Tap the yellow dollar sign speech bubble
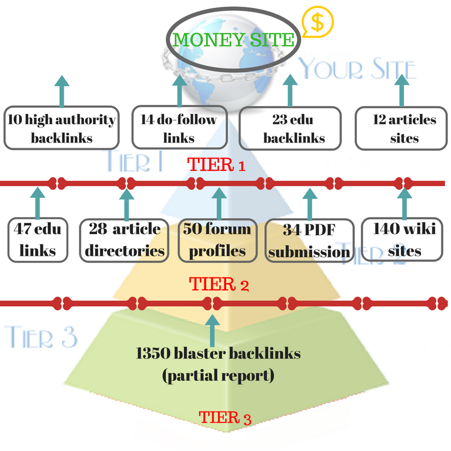coord(317,23)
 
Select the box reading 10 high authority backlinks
coord(61,128)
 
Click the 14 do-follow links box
coord(178,128)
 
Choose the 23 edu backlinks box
coord(291,128)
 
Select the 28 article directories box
coord(125,240)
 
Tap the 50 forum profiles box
coord(216,240)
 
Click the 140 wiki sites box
coord(404,240)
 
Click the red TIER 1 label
coord(216,165)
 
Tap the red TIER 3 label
coord(225,418)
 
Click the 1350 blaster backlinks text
coord(218,354)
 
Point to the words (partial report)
coord(218,375)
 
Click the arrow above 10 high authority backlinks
coord(61,90)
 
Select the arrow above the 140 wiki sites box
coord(404,200)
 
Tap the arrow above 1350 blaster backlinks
coord(213,330)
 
